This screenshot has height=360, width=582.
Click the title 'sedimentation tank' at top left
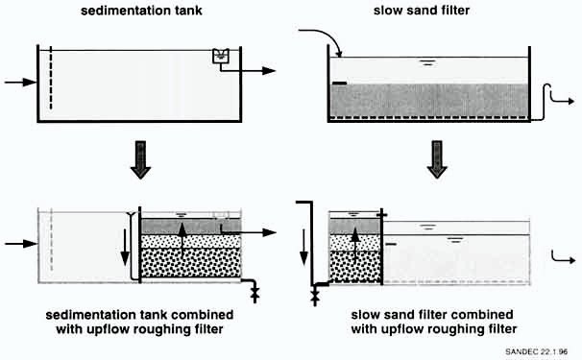[x=141, y=11]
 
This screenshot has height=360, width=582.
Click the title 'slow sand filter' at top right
[x=422, y=10]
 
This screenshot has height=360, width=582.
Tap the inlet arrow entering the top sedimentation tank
[x=20, y=82]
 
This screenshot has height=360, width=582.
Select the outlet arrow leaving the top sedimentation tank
[x=248, y=70]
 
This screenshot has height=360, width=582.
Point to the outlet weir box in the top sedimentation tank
[x=221, y=56]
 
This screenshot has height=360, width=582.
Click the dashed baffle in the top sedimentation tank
[x=51, y=79]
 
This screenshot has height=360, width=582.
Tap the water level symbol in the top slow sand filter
[x=427, y=62]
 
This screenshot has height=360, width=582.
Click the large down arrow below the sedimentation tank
[x=140, y=160]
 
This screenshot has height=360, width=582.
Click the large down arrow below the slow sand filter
[x=437, y=159]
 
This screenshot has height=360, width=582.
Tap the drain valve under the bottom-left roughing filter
[x=255, y=294]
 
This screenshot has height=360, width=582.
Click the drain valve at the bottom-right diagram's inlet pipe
[x=315, y=297]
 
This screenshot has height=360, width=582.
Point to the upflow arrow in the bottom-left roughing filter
[x=182, y=240]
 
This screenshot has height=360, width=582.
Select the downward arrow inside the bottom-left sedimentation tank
[x=125, y=247]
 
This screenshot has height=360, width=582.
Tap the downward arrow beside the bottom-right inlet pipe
[x=303, y=247]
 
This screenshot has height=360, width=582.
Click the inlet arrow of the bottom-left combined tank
[x=21, y=244]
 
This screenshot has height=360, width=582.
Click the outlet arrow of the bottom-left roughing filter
[x=249, y=232]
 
